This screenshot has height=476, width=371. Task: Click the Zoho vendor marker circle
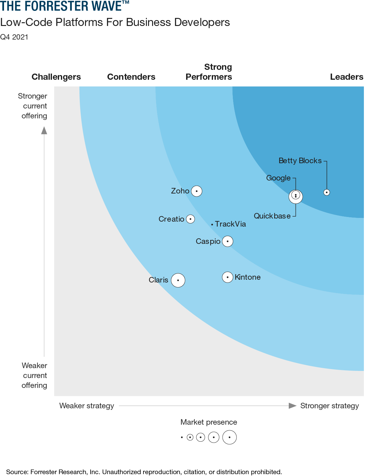point(197,191)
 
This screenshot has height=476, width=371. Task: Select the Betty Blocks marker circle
point(326,192)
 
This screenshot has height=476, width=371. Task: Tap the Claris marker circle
point(178,280)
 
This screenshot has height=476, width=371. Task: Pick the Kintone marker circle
point(228,277)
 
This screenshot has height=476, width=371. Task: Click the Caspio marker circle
point(228,241)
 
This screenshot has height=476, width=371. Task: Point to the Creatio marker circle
point(190,219)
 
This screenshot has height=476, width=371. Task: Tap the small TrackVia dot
point(212,224)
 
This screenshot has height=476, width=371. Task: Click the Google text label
point(278,178)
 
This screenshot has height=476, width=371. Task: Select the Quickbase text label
point(272,216)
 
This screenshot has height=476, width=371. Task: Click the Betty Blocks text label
point(300,161)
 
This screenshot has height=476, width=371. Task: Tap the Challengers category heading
point(56,77)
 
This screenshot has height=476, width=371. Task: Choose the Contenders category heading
point(131,77)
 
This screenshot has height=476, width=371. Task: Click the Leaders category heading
point(347,77)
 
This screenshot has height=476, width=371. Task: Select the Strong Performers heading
point(209,72)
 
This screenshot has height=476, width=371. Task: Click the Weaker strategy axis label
point(87,406)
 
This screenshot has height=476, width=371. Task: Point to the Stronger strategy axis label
point(329,406)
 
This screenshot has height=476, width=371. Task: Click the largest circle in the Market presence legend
point(229,437)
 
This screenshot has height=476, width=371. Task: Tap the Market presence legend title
point(209,422)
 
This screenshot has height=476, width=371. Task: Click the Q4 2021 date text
point(14,37)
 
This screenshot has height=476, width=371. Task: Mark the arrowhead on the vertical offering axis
point(44,130)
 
